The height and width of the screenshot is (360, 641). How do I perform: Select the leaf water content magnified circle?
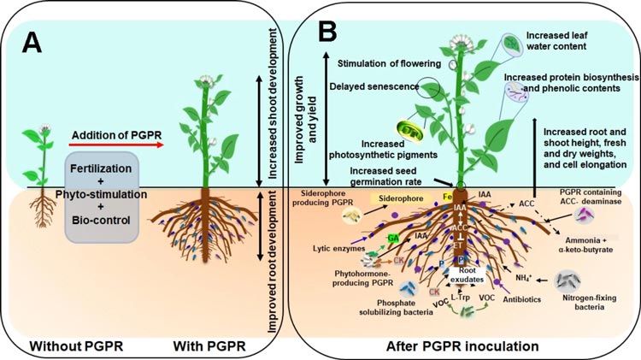pos(510,43)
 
